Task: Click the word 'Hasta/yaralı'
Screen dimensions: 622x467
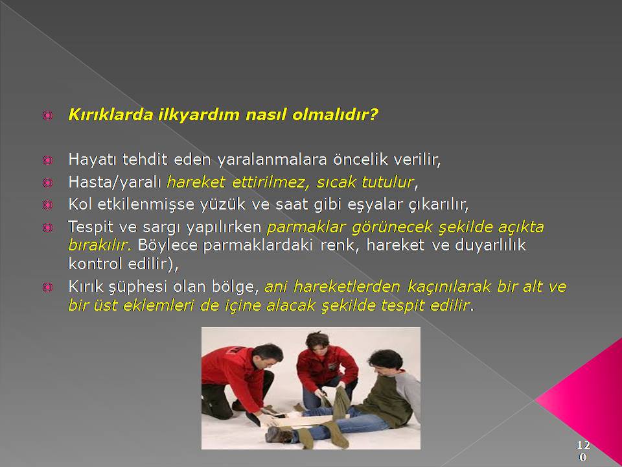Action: pyautogui.click(x=115, y=182)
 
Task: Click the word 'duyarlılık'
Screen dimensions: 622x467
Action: pyautogui.click(x=490, y=245)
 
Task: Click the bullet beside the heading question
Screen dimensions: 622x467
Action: pyautogui.click(x=47, y=115)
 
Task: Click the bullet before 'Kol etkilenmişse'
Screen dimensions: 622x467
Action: pyautogui.click(x=47, y=205)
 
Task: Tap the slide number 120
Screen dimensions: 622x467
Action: pyautogui.click(x=582, y=451)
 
